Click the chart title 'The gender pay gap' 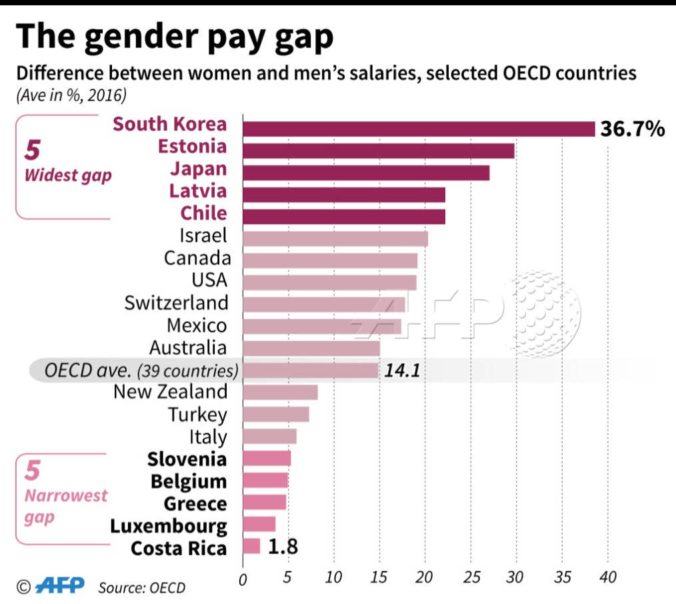(175, 38)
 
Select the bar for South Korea (418, 129)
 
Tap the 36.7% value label (632, 129)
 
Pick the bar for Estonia (378, 151)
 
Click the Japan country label (197, 169)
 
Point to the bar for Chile (343, 217)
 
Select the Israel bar (335, 239)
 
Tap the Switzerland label (176, 303)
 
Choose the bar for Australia (311, 348)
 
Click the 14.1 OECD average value (401, 371)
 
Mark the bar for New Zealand (280, 392)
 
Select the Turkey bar (275, 414)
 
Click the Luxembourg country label (169, 526)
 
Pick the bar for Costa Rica (251, 547)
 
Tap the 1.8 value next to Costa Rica (283, 547)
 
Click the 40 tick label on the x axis (607, 576)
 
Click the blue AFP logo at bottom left (60, 586)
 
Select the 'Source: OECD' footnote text (141, 587)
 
